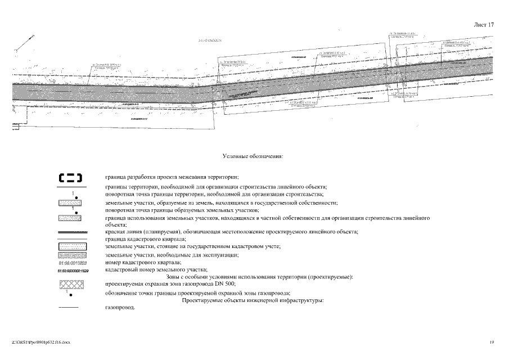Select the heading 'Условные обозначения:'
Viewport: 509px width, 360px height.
[x=253, y=156]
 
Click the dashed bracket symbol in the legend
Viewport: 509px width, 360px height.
[x=71, y=178]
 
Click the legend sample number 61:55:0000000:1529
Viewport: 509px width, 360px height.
[x=72, y=271]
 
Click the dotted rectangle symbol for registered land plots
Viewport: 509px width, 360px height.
[x=71, y=246]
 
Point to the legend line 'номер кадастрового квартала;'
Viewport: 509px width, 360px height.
[x=143, y=263]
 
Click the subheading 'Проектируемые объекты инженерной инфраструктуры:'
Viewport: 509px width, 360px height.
[x=253, y=301]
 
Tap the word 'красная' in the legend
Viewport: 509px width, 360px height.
[x=115, y=232]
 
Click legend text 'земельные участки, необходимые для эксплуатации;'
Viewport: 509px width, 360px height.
[x=172, y=255]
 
